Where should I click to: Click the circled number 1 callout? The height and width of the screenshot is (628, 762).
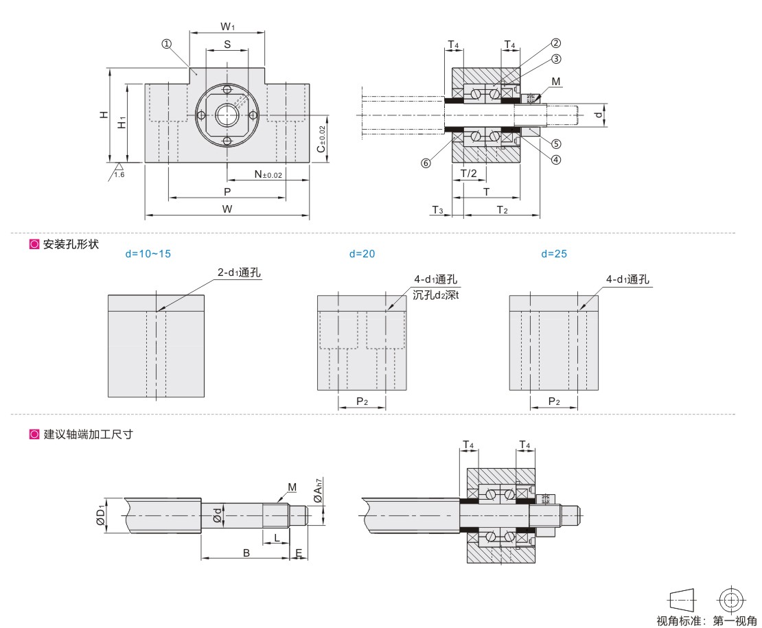(x=166, y=44)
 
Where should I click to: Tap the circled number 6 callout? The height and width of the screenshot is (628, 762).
(x=426, y=163)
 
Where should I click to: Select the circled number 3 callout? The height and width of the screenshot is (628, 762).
(x=556, y=59)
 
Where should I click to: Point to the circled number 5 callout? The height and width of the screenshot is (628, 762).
(x=556, y=144)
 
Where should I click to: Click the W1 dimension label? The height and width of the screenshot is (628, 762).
(x=228, y=27)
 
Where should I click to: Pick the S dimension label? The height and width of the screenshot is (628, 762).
(x=227, y=44)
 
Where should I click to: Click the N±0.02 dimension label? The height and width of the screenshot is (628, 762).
(x=268, y=175)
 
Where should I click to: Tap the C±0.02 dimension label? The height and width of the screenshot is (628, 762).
(x=321, y=139)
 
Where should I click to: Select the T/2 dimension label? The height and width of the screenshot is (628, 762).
(x=468, y=173)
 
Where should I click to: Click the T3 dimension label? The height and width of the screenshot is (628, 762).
(x=437, y=209)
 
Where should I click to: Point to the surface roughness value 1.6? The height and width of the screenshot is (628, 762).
(x=119, y=176)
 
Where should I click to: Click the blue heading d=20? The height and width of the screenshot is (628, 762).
(x=362, y=254)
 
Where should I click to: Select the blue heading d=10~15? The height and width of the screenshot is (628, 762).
(x=148, y=254)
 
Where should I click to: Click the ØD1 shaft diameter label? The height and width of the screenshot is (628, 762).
(x=101, y=515)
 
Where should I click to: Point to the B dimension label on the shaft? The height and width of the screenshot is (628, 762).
(x=246, y=553)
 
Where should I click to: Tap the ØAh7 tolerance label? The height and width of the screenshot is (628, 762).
(x=317, y=490)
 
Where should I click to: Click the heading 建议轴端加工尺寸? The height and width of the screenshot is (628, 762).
(x=87, y=434)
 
